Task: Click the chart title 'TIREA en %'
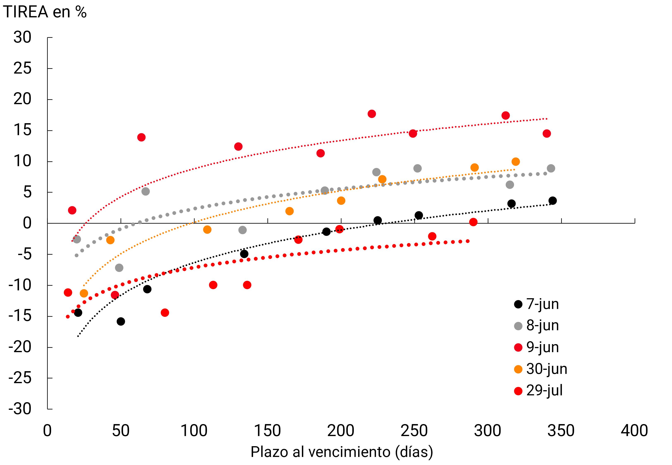(45, 12)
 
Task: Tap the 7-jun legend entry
(536, 304)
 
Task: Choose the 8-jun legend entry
(536, 326)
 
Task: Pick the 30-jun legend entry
(540, 369)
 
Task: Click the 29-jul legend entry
(538, 391)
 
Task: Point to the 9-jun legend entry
(536, 347)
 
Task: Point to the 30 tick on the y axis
(23, 38)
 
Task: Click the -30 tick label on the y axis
(20, 409)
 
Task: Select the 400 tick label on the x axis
(634, 431)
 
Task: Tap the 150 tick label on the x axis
(268, 431)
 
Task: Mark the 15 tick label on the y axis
(23, 130)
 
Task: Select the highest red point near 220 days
(372, 114)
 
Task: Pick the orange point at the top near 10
(515, 162)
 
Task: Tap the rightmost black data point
(552, 201)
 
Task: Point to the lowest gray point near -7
(119, 268)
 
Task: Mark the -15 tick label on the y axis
(20, 316)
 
